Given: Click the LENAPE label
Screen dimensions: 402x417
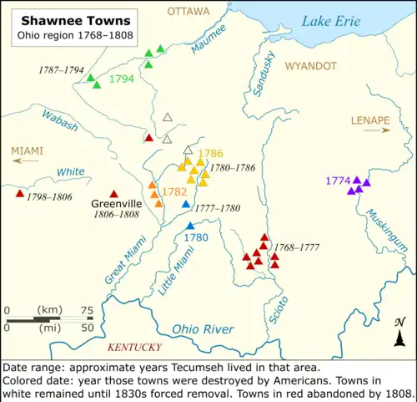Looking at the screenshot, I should pyautogui.click(x=371, y=120).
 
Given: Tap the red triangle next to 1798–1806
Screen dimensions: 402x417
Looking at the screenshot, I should pyautogui.click(x=19, y=194).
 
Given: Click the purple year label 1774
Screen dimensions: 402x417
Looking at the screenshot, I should pyautogui.click(x=337, y=181).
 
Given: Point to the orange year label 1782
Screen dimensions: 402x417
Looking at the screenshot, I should pyautogui.click(x=174, y=191).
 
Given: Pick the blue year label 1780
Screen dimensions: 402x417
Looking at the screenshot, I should pyautogui.click(x=195, y=237).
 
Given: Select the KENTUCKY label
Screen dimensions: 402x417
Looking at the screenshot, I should pyautogui.click(x=134, y=347).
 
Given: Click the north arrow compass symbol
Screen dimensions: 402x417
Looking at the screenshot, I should pyautogui.click(x=399, y=333).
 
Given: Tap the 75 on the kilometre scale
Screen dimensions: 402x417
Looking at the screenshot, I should pyautogui.click(x=87, y=310).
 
